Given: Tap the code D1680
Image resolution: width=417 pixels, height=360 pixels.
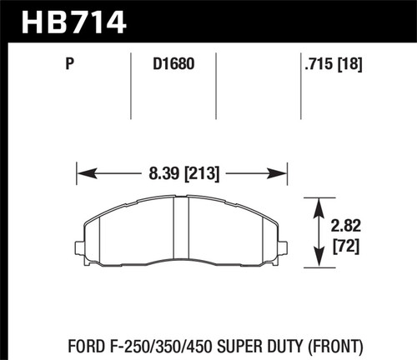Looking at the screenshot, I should tap(173, 60).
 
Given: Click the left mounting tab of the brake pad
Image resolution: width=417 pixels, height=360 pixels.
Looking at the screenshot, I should tap(78, 247).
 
